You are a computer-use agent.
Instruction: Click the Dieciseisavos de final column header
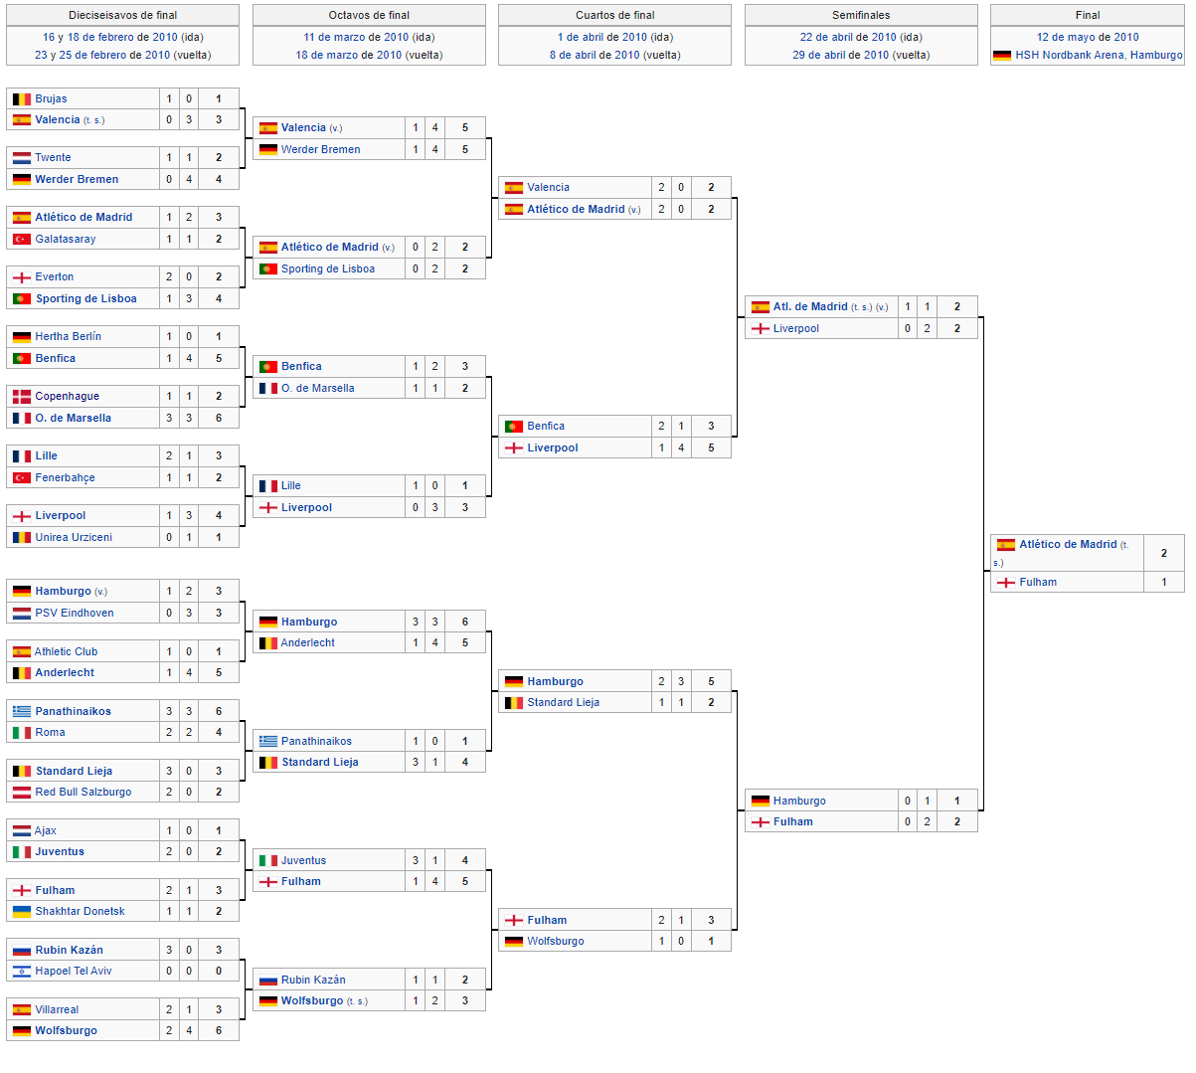pos(123,15)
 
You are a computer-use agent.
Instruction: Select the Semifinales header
pos(861,15)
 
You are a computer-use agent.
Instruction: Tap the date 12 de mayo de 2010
pos(1088,37)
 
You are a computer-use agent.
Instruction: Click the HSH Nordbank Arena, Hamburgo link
pos(1099,55)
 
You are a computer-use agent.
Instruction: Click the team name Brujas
pos(51,98)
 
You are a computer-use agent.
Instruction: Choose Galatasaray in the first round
pos(65,239)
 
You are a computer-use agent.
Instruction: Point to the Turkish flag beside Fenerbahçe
pos(22,477)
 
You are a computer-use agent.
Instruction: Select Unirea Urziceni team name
pos(74,537)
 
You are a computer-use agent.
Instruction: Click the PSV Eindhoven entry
pos(75,613)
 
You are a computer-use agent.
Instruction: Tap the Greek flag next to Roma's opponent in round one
pos(22,712)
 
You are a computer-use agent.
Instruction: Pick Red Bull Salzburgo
pos(84,792)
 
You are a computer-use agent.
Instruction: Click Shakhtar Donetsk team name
pos(80,911)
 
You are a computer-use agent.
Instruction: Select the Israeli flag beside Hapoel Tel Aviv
pos(22,972)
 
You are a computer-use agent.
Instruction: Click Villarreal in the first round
pos(57,1009)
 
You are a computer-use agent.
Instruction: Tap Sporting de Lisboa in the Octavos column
pos(328,268)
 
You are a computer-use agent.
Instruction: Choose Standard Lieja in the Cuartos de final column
pos(563,702)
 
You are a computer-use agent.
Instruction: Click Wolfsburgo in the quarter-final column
pos(556,941)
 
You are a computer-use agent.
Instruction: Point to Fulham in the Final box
pos(1038,582)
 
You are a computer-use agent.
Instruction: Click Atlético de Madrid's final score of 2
pos(1163,553)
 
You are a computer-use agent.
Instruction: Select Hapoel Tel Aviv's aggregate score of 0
pos(219,971)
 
